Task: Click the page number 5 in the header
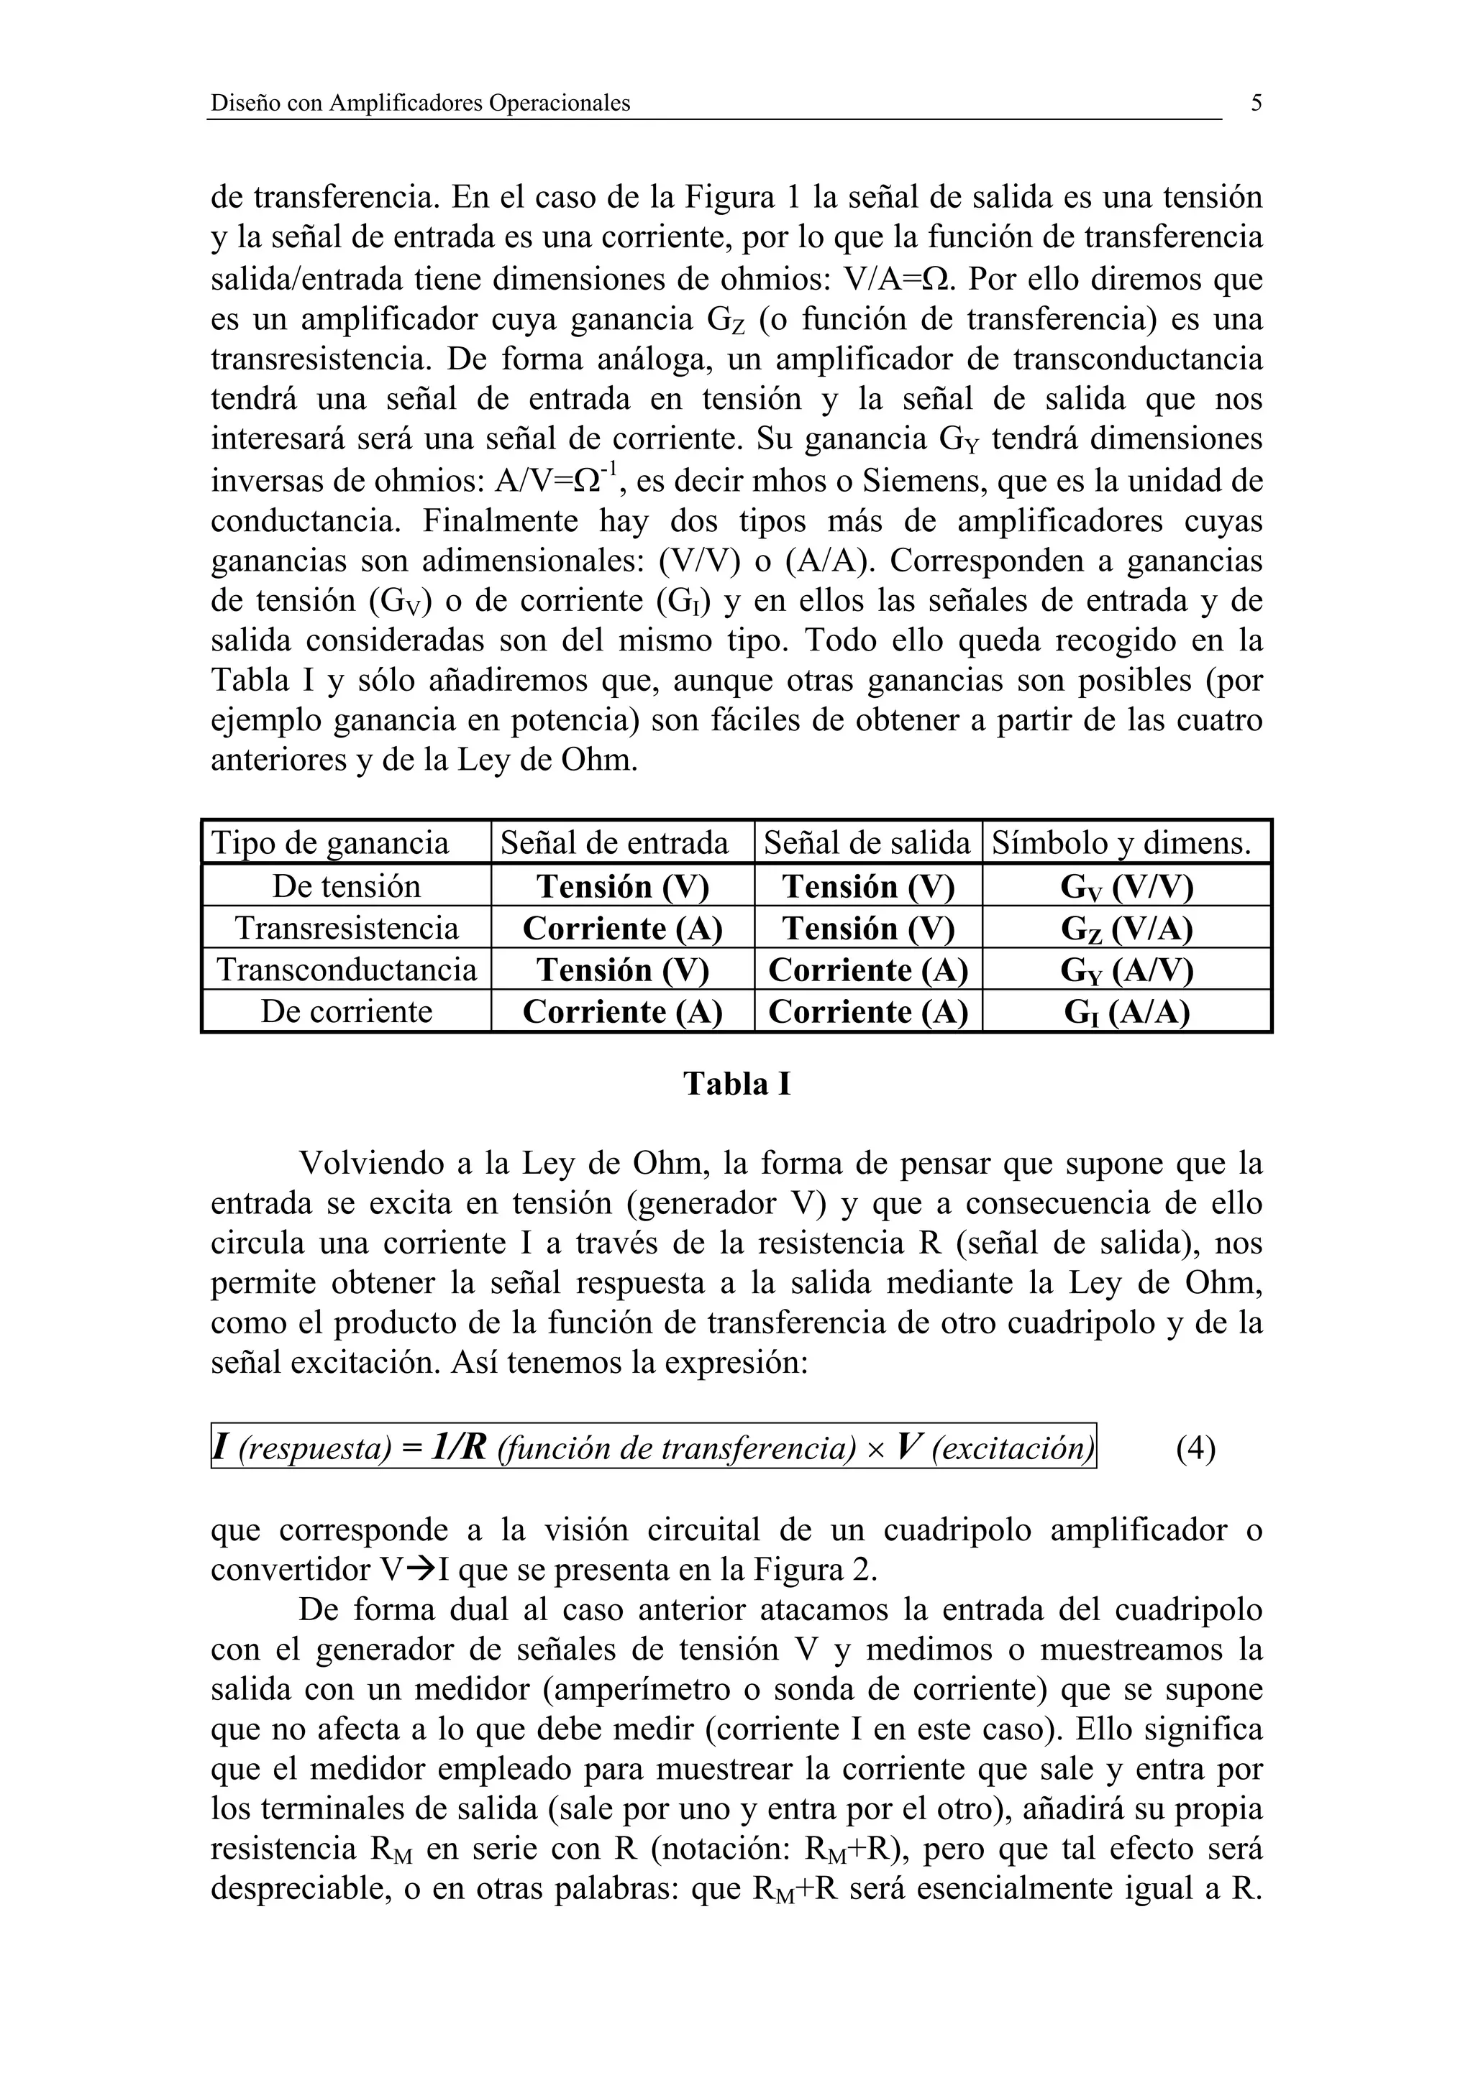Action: tap(1256, 103)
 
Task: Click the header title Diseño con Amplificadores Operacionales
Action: tap(420, 104)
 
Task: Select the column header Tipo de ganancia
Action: tap(330, 844)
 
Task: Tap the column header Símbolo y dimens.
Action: tap(1122, 844)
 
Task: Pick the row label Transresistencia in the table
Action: tap(347, 928)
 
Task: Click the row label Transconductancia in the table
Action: tap(347, 970)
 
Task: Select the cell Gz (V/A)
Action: tap(1126, 929)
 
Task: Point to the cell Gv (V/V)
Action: tap(1126, 887)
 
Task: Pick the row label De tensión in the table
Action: tap(347, 886)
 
